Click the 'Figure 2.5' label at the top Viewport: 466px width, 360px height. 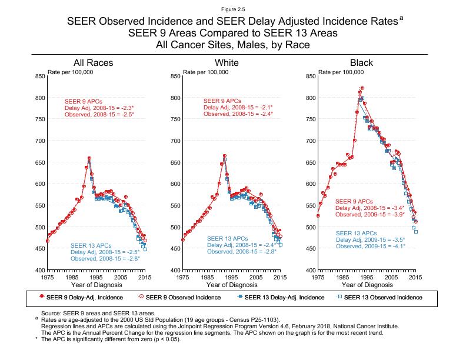pos(233,9)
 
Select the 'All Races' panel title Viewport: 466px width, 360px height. pos(94,63)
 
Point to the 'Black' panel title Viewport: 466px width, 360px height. pos(361,63)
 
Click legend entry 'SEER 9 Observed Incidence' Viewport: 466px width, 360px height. pos(183,297)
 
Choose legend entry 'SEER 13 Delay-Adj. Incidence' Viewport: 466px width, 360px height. pos(282,297)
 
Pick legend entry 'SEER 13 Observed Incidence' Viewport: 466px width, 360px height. pos(382,297)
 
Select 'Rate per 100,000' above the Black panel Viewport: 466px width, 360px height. pos(341,72)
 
